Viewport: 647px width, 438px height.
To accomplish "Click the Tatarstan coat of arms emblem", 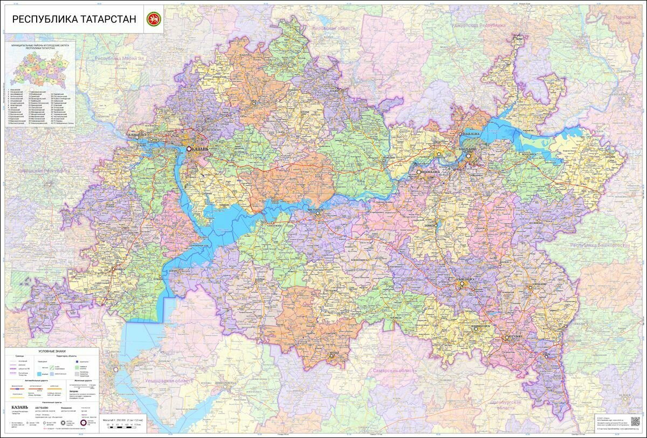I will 154,19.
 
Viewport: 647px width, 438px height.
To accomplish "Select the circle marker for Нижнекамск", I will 418,172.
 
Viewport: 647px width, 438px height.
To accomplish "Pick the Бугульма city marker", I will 506,338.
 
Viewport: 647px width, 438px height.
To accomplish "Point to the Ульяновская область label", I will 167,381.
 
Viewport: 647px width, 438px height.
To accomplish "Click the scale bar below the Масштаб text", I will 123,425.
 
